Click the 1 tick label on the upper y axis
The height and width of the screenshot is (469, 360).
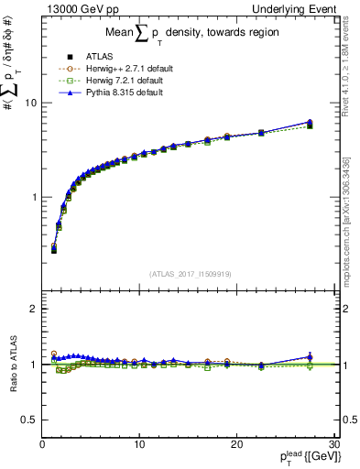tap(33, 197)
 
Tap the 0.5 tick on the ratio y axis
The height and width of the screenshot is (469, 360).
tap(28, 420)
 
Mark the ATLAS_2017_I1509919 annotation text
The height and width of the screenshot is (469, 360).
tap(189, 272)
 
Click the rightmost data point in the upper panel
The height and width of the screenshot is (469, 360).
tap(310, 124)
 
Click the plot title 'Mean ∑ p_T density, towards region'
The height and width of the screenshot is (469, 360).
tap(188, 36)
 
